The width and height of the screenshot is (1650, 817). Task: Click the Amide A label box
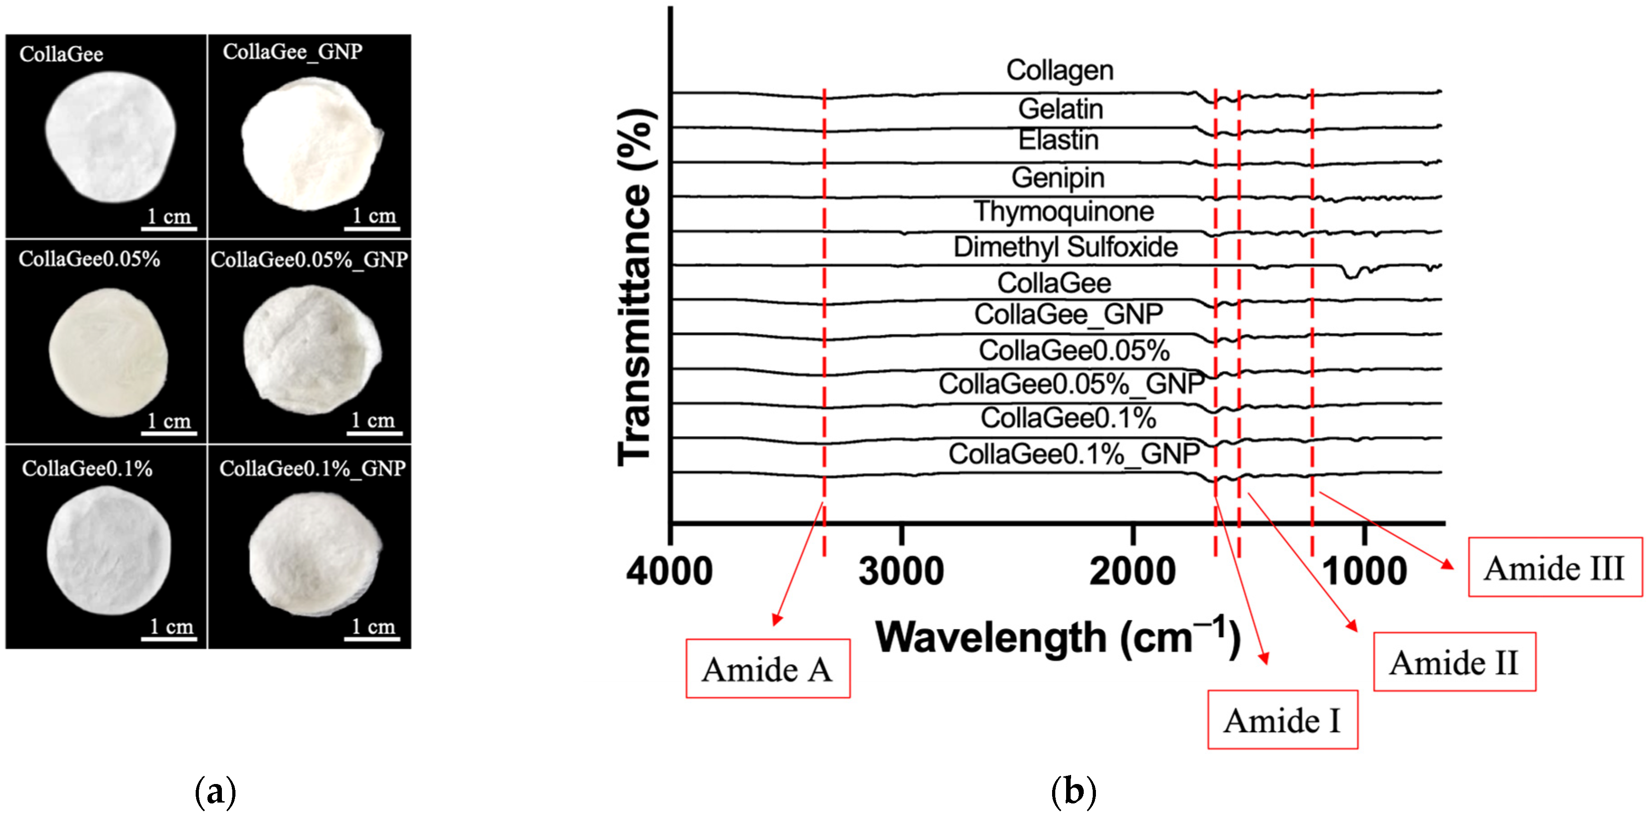(x=767, y=668)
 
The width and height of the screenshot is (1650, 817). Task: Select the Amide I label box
(x=1282, y=720)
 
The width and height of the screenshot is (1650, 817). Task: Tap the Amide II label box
(x=1454, y=662)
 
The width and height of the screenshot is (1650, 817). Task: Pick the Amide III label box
(x=1555, y=567)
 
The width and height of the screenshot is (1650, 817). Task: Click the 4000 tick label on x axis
(x=669, y=571)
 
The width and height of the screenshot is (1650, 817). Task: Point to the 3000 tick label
(x=901, y=571)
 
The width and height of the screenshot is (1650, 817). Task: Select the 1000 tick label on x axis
(x=1364, y=571)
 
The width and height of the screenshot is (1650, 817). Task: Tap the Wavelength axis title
(x=1057, y=638)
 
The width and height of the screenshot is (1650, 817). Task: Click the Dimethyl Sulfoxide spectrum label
(x=1065, y=247)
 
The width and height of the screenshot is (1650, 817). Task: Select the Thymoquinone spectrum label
(x=1063, y=211)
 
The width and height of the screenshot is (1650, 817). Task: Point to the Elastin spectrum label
(x=1058, y=140)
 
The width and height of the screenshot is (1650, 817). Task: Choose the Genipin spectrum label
(x=1058, y=177)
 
